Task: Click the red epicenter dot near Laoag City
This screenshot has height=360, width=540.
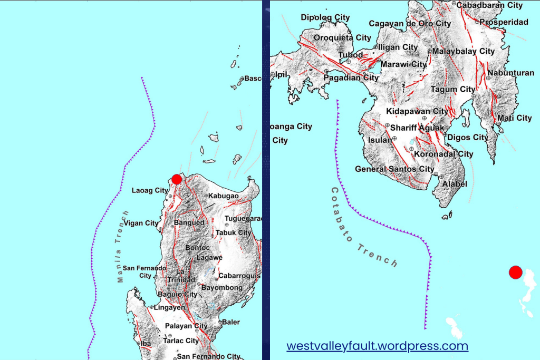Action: tap(177, 179)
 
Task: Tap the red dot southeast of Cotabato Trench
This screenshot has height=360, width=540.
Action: tap(515, 273)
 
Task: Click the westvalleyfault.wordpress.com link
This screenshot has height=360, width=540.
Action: tap(377, 346)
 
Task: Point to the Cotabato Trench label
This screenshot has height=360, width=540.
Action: tap(364, 227)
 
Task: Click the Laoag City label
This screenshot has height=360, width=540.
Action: tap(151, 190)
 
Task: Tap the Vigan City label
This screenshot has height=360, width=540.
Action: tap(141, 223)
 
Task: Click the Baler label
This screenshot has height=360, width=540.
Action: tap(231, 322)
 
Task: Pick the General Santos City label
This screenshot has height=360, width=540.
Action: tap(394, 169)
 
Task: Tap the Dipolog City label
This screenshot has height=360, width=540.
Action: tap(325, 17)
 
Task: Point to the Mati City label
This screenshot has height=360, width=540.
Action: tap(515, 118)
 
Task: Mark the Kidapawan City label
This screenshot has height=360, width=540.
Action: tap(417, 111)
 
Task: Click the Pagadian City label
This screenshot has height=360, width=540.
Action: tap(351, 77)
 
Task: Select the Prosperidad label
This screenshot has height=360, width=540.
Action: tap(504, 22)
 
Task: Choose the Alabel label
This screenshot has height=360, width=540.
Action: tap(455, 184)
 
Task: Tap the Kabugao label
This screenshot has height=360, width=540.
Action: tap(225, 196)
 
